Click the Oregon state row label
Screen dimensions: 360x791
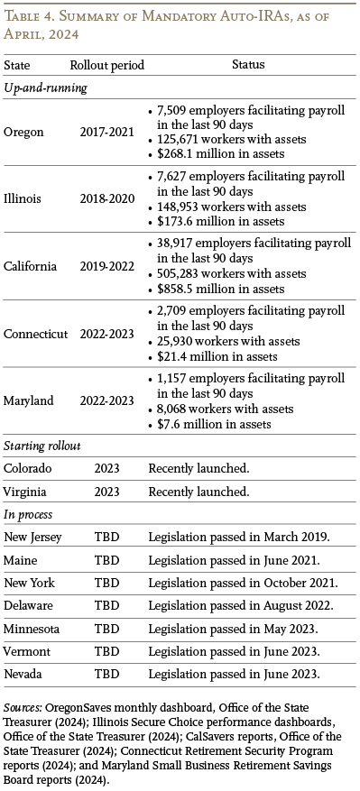coord(24,132)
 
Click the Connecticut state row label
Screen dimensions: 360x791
coord(36,334)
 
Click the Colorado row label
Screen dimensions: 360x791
coord(29,469)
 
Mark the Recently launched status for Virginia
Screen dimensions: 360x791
coord(198,492)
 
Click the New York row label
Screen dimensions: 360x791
coord(31,584)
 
